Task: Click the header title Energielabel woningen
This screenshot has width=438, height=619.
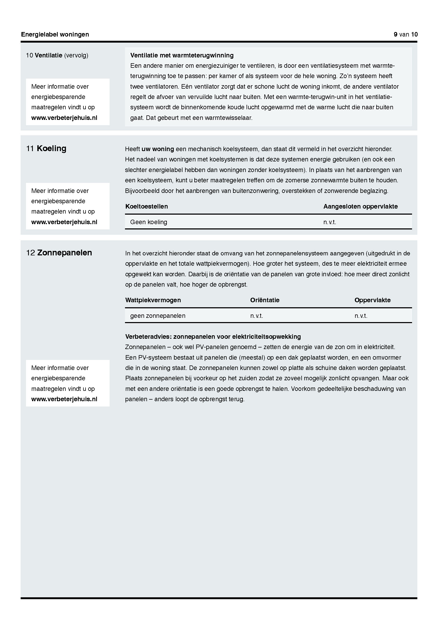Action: click(x=55, y=34)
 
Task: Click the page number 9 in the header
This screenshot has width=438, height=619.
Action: click(x=395, y=34)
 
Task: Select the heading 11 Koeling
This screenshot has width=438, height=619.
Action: click(x=46, y=148)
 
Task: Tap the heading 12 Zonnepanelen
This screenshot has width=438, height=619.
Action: click(x=59, y=253)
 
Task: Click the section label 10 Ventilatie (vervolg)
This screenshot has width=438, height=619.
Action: click(x=57, y=55)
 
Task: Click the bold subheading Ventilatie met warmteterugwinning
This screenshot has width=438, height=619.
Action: click(x=182, y=55)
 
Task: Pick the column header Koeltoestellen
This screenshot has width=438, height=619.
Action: click(x=146, y=206)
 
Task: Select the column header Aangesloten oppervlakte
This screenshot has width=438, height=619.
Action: click(x=360, y=206)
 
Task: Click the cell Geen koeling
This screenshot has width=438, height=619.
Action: click(x=149, y=222)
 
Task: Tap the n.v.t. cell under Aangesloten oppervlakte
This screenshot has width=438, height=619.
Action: click(x=330, y=222)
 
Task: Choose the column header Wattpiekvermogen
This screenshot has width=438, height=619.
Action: click(x=153, y=300)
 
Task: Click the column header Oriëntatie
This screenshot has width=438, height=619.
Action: click(x=265, y=300)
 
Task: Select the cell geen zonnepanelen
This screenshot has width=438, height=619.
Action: click(x=158, y=316)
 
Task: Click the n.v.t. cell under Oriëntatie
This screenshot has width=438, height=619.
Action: click(x=257, y=316)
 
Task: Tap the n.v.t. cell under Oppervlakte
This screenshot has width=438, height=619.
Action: click(x=361, y=316)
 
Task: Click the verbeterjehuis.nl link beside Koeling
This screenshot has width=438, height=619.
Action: click(x=64, y=222)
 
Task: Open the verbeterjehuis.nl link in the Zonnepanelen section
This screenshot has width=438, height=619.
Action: click(x=64, y=399)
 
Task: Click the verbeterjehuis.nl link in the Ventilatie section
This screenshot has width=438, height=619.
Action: click(x=64, y=118)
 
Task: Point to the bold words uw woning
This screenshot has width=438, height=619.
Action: click(x=158, y=149)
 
